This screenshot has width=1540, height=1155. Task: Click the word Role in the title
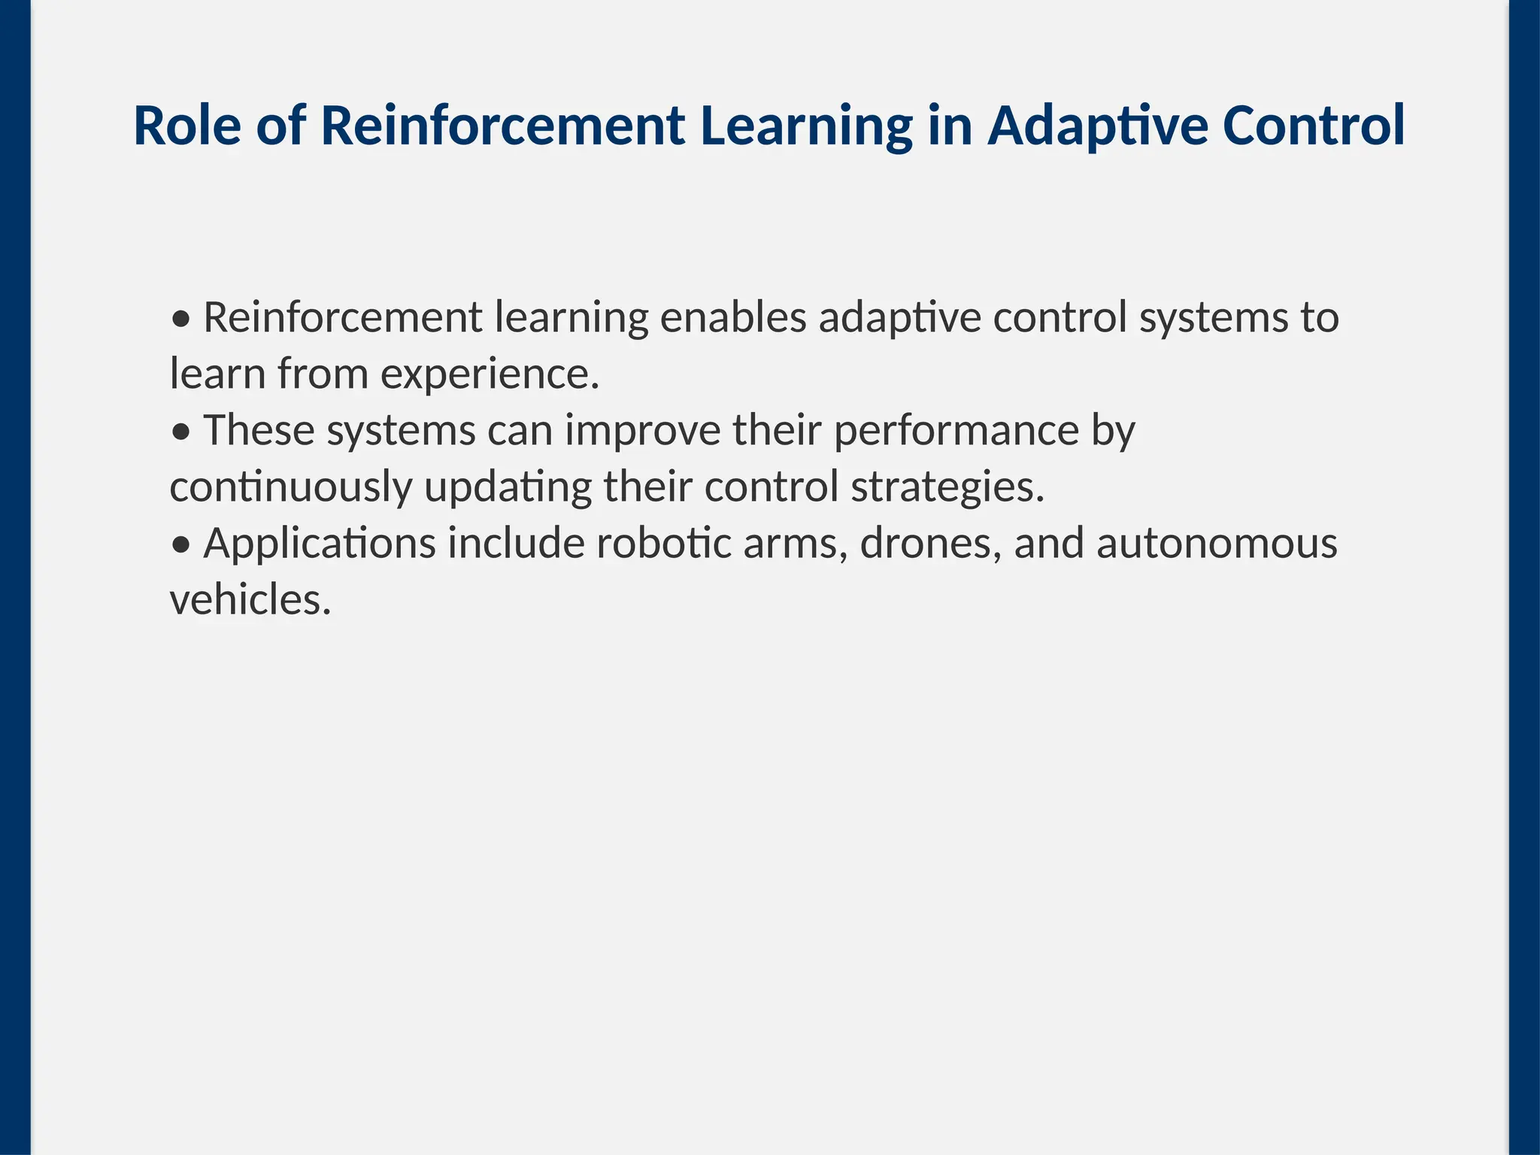187,126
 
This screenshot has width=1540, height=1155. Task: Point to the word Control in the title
1314,126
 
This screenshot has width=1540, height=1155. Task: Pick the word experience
490,374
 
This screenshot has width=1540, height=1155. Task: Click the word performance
956,430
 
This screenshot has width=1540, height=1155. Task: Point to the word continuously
291,487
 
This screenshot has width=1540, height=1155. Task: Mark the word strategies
948,487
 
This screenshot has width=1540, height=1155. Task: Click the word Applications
320,543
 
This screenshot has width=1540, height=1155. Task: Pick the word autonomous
1217,543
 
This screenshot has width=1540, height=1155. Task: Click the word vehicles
250,599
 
